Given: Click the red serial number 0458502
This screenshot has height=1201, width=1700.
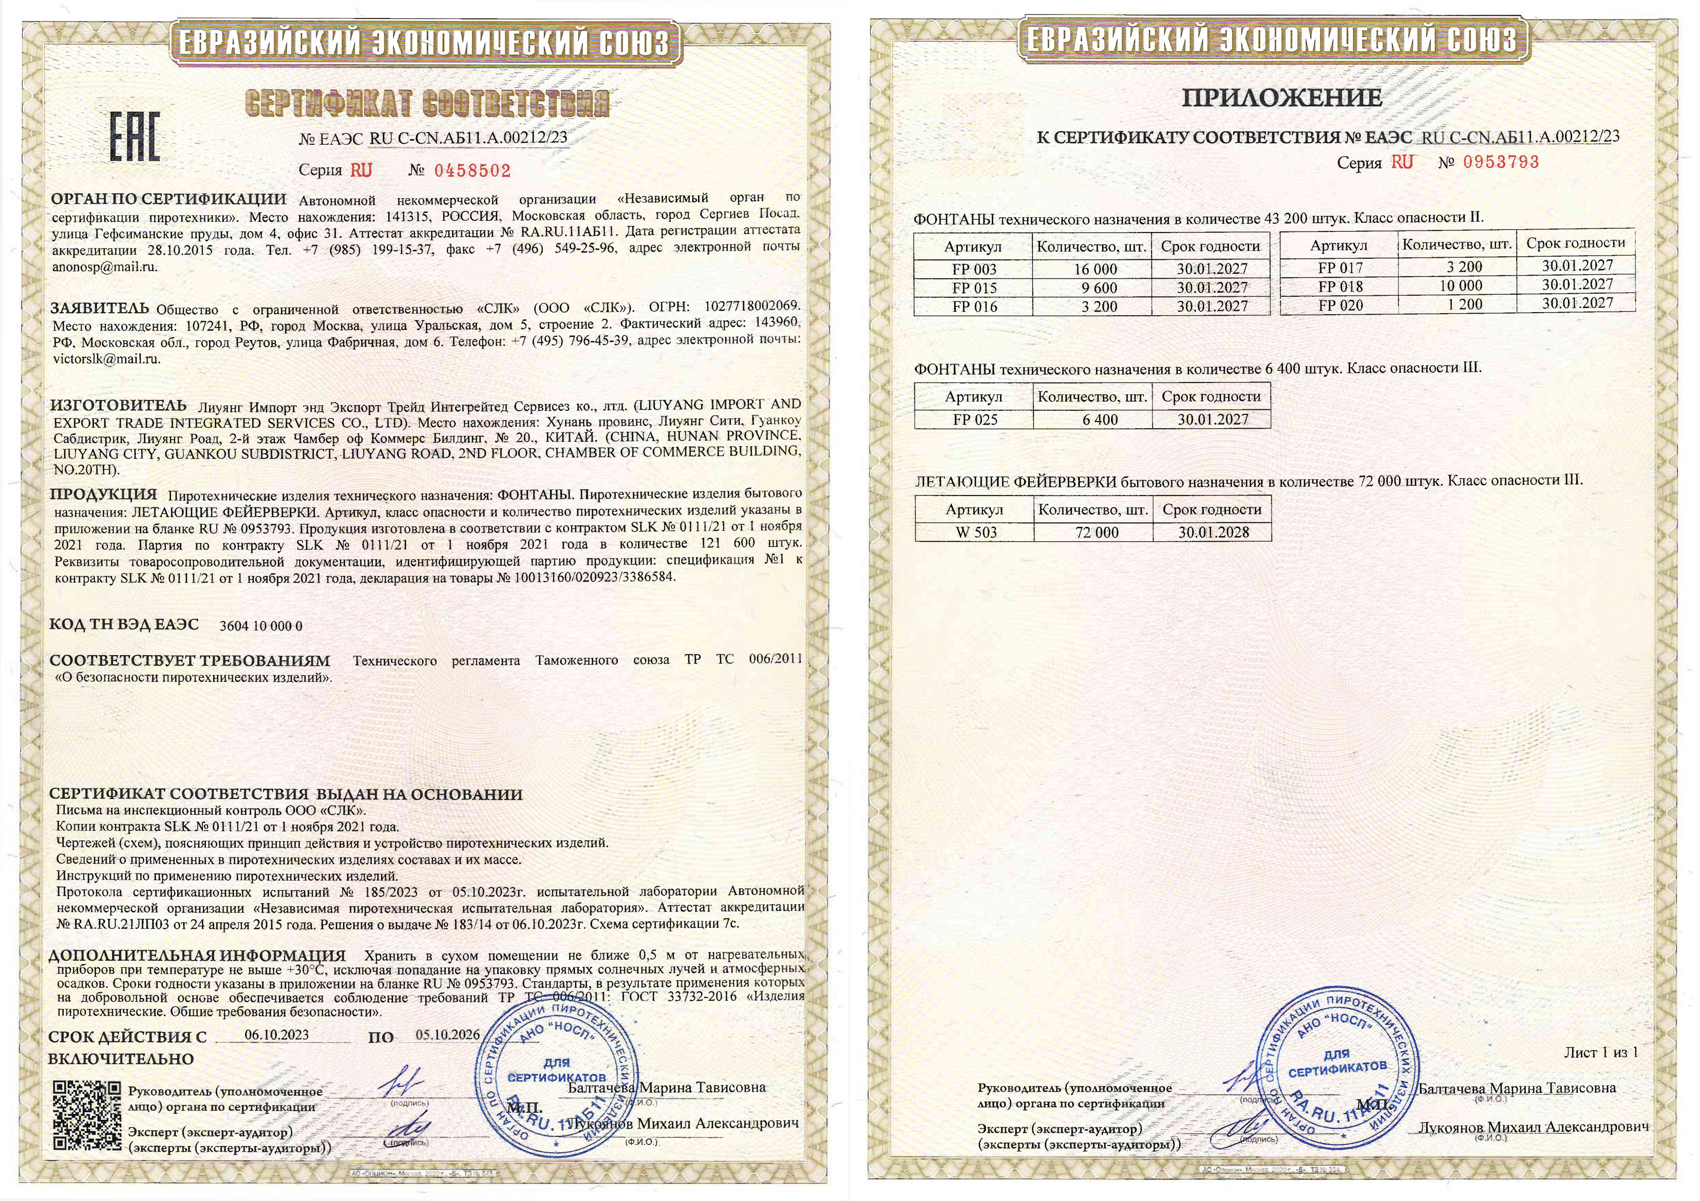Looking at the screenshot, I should pos(473,171).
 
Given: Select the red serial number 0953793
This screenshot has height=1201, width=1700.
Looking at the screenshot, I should pos(1500,162).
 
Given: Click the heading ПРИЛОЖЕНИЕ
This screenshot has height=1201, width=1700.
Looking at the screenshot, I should pos(1281,98).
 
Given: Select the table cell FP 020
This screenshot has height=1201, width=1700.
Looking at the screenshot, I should pos(1339,305).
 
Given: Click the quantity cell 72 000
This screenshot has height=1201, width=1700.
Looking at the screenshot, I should pos(1097,532).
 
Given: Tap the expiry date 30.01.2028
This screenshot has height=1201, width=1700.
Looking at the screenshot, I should pos(1214,532).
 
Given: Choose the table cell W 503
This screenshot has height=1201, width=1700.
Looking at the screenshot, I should pos(976,532).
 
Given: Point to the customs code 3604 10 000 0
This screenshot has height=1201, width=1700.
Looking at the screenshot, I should pos(260,626).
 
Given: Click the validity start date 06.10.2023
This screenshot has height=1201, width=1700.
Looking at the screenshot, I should pos(276,1035).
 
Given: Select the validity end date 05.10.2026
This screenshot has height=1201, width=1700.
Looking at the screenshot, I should pos(447,1035).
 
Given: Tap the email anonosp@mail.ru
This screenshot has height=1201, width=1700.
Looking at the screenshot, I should pos(104,268).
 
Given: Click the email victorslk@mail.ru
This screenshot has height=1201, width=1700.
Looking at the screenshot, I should pos(107,359).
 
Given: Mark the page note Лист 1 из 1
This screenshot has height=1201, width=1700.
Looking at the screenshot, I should pos(1600,1052).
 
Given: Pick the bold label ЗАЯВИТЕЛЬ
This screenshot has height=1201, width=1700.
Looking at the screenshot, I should pos(99,309).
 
